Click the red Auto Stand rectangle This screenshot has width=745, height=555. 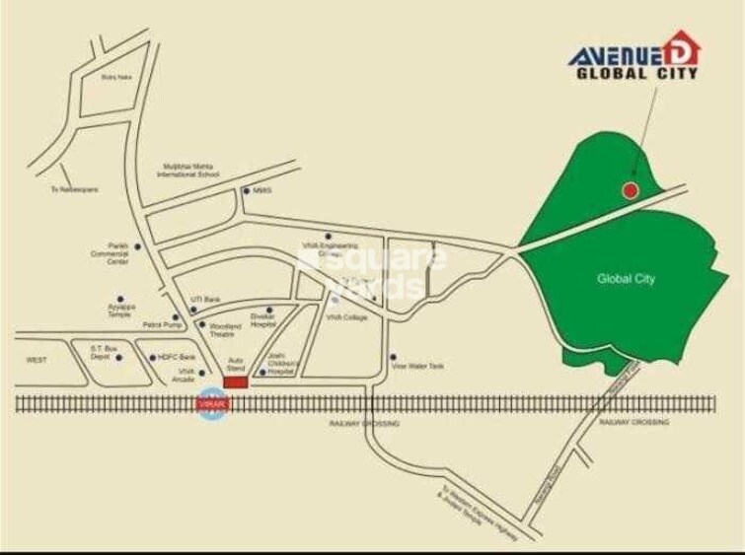click(x=236, y=381)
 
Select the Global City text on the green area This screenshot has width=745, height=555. click(x=626, y=279)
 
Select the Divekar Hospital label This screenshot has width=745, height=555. click(x=261, y=320)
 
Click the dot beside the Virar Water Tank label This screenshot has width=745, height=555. click(x=393, y=357)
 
